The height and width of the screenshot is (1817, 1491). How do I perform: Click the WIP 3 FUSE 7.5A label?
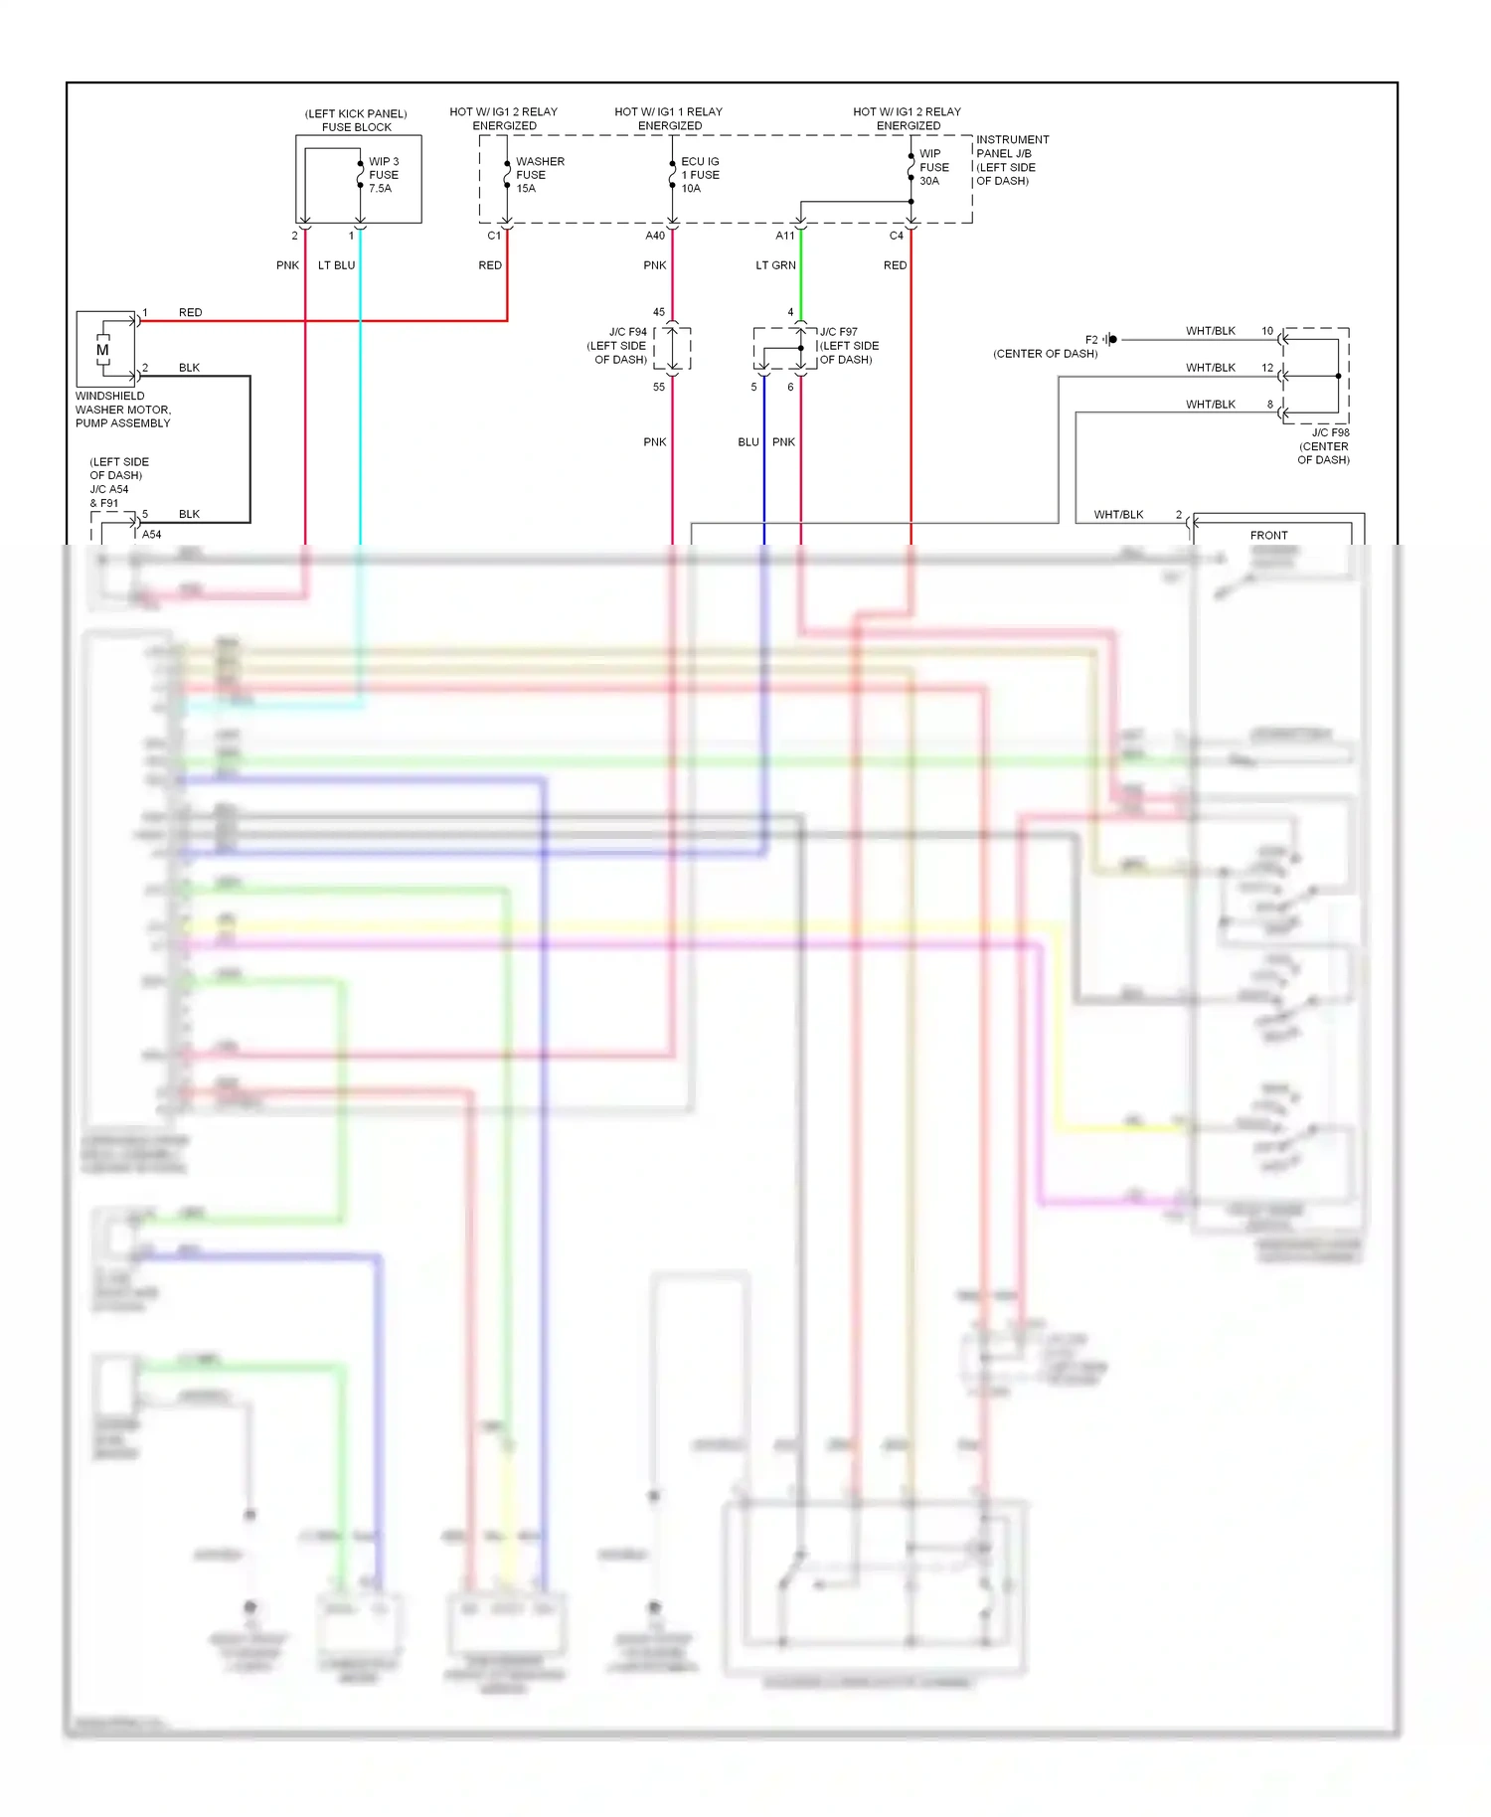click(x=384, y=175)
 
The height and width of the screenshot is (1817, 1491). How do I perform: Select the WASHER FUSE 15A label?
click(x=539, y=175)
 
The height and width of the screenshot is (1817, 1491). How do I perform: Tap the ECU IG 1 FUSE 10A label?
click(x=700, y=175)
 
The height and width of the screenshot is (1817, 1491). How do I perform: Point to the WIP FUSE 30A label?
click(x=933, y=167)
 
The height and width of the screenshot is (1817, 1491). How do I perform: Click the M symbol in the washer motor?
click(x=102, y=350)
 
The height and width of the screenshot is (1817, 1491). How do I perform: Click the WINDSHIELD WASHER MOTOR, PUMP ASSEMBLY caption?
click(x=123, y=410)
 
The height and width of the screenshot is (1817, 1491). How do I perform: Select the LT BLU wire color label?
click(x=336, y=265)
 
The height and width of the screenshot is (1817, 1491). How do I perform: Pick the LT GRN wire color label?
click(x=775, y=265)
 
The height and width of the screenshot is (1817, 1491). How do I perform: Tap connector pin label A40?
click(x=655, y=236)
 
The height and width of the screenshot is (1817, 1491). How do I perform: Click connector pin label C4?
click(x=896, y=236)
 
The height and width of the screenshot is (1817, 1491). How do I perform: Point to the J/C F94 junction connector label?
click(x=618, y=345)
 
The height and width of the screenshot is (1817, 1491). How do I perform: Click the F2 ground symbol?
click(x=1110, y=340)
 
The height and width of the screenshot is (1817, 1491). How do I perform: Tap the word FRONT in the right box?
click(x=1268, y=535)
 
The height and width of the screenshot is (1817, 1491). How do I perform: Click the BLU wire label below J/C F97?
click(x=747, y=442)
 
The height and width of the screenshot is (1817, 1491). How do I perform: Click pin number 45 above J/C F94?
click(x=659, y=312)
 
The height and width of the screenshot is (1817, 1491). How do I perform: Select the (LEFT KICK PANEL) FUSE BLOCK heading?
click(x=356, y=120)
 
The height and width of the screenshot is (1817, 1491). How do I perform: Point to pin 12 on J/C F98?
click(x=1267, y=368)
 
